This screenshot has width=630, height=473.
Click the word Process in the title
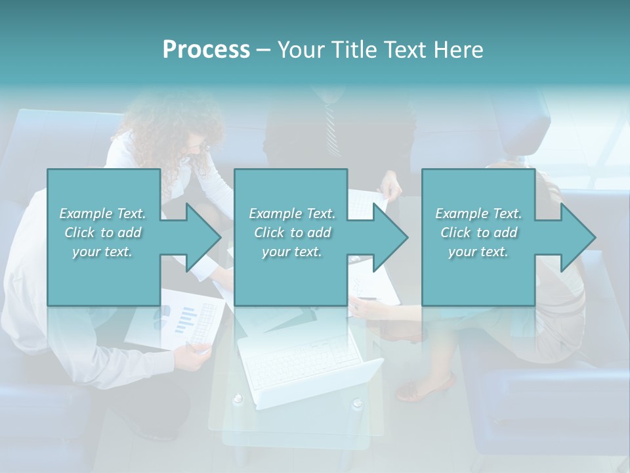point(206,50)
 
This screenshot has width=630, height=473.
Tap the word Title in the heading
point(352,50)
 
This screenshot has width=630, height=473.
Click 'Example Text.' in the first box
point(102,214)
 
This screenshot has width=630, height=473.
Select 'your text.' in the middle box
point(291,252)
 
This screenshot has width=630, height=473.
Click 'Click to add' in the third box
point(478,233)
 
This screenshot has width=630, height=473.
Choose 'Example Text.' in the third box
point(478,214)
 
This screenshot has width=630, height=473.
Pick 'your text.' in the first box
point(102,252)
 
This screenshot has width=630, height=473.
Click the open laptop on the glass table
point(302,368)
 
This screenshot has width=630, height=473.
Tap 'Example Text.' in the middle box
point(291,214)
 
